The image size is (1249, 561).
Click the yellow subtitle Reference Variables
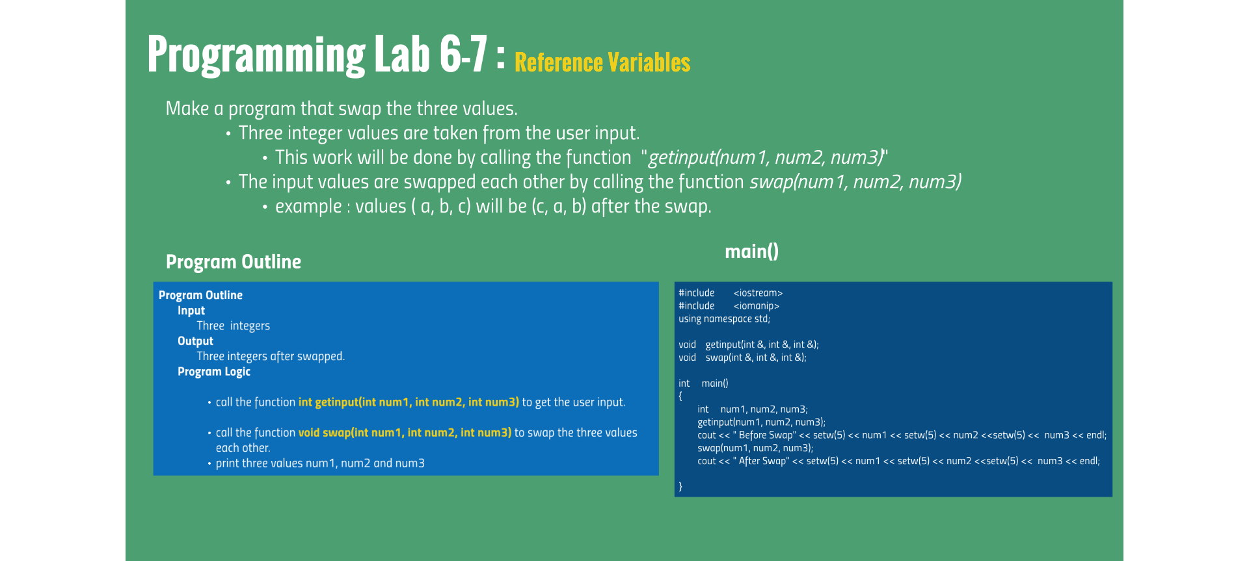pos(602,63)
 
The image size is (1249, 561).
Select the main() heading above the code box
pos(751,251)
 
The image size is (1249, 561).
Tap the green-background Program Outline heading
pos(234,262)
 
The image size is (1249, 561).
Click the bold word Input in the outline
pos(191,311)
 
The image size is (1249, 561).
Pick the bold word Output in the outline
pos(195,341)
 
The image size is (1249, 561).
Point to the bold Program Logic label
pos(214,372)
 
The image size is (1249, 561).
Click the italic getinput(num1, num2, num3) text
pos(766,157)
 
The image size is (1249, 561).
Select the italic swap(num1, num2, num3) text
pos(855,182)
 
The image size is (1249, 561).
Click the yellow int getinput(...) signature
pos(409,402)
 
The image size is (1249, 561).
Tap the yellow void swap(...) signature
pos(405,433)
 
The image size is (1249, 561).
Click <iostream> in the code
pos(758,293)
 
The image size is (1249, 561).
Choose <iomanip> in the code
pos(756,306)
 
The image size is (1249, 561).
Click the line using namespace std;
pos(724,319)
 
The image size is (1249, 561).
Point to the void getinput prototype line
pos(748,345)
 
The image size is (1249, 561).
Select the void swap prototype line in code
pos(742,358)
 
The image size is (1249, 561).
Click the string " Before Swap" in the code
pos(764,436)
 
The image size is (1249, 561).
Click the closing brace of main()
pos(680,486)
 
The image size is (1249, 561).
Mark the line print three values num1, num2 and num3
pos(320,463)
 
